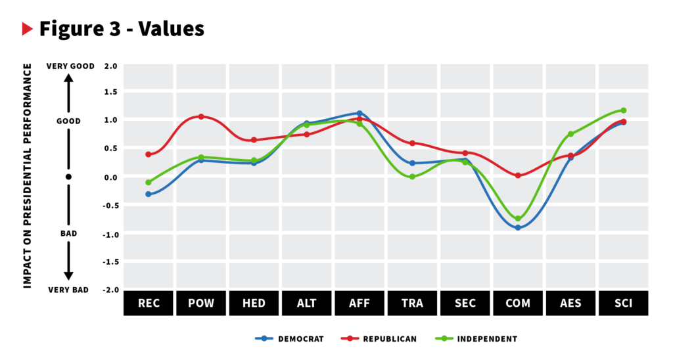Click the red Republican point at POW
201,117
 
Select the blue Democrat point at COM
518,227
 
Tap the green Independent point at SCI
623,110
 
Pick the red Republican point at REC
149,154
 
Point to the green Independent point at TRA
412,177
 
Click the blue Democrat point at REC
149,194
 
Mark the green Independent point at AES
570,134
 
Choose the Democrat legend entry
290,339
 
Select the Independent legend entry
476,339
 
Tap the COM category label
518,303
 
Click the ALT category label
307,303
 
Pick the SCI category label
623,303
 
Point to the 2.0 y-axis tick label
110,66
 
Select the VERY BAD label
68,290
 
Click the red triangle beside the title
27,29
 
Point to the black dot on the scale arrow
68,177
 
